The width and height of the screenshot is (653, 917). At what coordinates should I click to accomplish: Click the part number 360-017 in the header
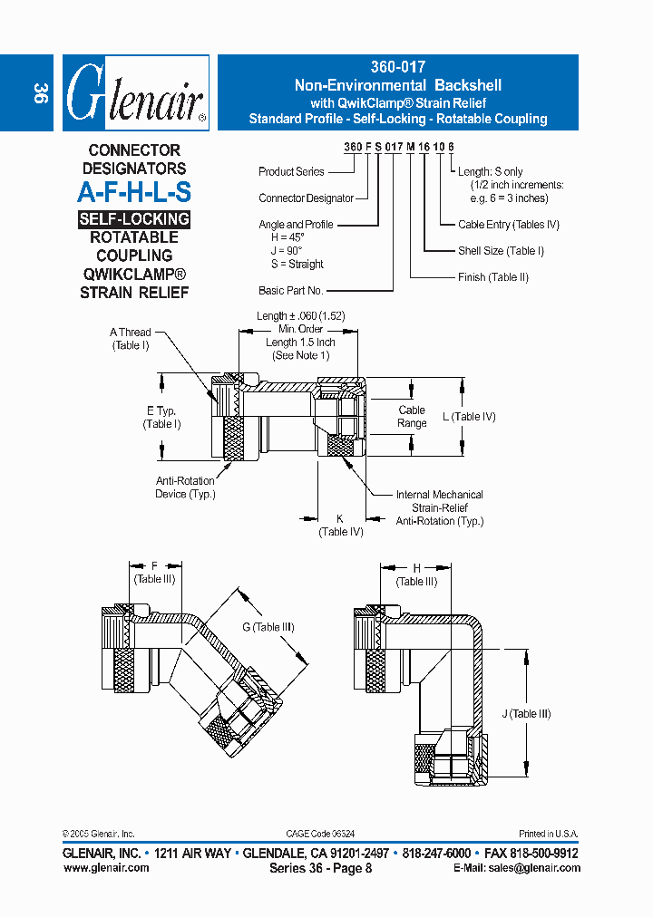pyautogui.click(x=397, y=67)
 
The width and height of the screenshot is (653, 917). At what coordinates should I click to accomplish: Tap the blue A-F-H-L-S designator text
pyautogui.click(x=133, y=192)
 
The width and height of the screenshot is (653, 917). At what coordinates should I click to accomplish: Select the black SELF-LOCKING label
pyautogui.click(x=133, y=219)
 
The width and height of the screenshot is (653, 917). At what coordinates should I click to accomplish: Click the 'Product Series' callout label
pyautogui.click(x=291, y=171)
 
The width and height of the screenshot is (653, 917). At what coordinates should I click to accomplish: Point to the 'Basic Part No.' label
pyautogui.click(x=291, y=290)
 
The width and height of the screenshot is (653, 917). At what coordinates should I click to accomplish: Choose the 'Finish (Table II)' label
pyautogui.click(x=492, y=277)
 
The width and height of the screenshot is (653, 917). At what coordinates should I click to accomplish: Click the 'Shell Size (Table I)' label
pyautogui.click(x=501, y=251)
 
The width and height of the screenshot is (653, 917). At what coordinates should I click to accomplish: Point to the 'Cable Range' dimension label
pyautogui.click(x=412, y=417)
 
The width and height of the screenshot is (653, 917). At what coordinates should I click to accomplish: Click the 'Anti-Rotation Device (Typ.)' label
pyautogui.click(x=184, y=487)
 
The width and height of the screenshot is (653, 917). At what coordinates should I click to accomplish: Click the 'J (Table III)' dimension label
pyautogui.click(x=526, y=714)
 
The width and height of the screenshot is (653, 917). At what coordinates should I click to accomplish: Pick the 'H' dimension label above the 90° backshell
pyautogui.click(x=416, y=569)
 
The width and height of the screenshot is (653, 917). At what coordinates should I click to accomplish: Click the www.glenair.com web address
pyautogui.click(x=106, y=867)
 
